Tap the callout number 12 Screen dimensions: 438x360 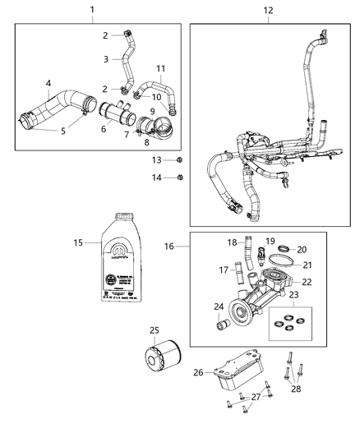click(268, 10)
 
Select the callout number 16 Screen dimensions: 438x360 click(168, 245)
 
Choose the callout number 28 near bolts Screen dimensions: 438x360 click(297, 389)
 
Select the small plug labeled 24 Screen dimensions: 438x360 click(221, 330)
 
